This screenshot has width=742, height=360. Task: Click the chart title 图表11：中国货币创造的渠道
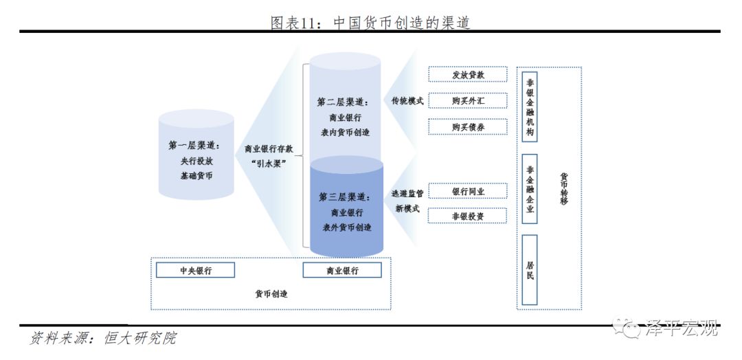tap(370, 22)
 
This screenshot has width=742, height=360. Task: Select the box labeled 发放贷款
tap(468, 74)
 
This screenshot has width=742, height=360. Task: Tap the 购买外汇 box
tap(468, 101)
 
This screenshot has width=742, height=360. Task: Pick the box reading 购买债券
tap(468, 127)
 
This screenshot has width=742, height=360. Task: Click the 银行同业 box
tap(468, 192)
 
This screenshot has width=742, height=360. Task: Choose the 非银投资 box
tap(468, 216)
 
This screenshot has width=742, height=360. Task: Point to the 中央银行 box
tap(195, 271)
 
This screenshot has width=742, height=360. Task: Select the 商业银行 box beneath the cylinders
tap(342, 271)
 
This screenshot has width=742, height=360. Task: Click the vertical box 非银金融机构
tap(530, 106)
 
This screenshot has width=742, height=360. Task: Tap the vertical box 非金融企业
tap(530, 188)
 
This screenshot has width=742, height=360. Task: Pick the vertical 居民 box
tap(530, 270)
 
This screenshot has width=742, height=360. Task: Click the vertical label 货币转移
tap(563, 189)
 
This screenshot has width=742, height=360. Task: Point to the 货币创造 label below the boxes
tap(271, 294)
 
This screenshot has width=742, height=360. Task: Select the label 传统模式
tap(407, 101)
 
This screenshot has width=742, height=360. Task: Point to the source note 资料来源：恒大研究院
tap(103, 339)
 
